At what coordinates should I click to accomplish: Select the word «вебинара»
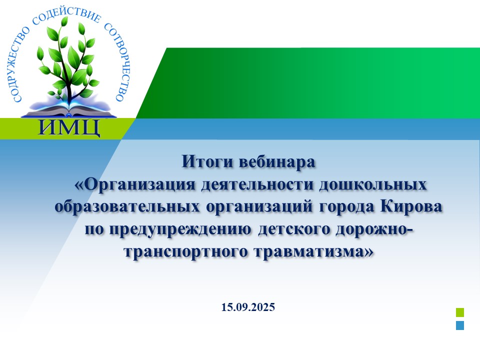coord(276,161)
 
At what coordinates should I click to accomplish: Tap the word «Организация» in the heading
coord(134,184)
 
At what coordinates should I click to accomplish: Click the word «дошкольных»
coord(373,184)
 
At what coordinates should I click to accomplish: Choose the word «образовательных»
coord(127,206)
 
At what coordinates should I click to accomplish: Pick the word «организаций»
coord(259,207)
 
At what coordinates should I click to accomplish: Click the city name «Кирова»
coord(411,206)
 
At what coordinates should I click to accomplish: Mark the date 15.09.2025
coord(248,307)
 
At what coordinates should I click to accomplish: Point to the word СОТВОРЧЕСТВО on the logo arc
coord(119,61)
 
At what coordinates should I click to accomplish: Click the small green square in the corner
coord(460,312)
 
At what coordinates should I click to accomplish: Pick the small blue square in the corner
coord(460,325)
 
